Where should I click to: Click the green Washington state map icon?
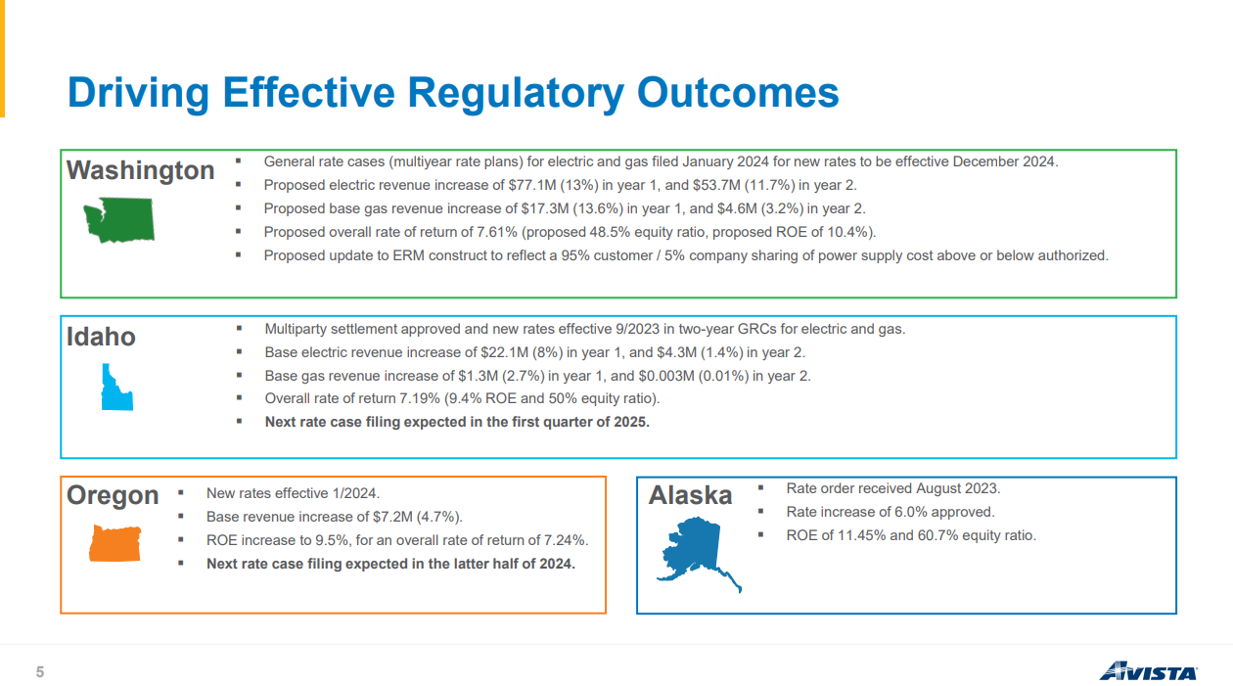pos(118,220)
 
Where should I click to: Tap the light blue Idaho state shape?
pos(115,388)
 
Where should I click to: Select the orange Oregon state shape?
pos(114,544)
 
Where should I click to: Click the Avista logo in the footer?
pos(1147,671)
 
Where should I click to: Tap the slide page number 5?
pos(40,671)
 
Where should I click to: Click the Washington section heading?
pos(140,170)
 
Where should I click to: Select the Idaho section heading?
pos(101,338)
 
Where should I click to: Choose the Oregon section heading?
pos(113,495)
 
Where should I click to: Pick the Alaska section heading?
pos(690,496)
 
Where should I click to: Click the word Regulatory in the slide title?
pos(515,93)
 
